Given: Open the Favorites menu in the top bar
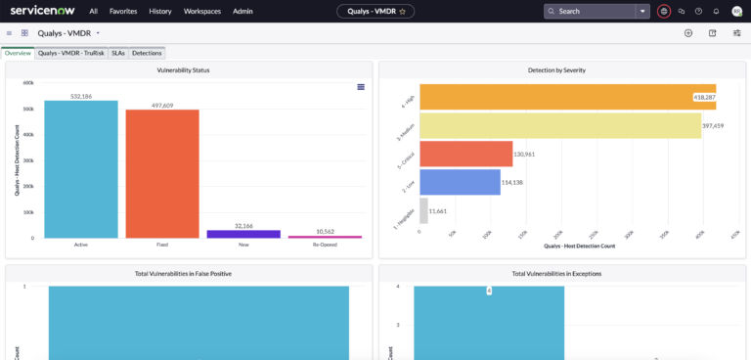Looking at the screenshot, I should (x=123, y=11).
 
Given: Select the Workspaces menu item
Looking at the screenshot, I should (x=202, y=11).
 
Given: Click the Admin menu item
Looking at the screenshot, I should (x=243, y=11).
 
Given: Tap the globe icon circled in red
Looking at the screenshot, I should (x=664, y=11).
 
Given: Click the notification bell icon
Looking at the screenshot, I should (x=716, y=11).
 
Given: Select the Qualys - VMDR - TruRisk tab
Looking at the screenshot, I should (x=71, y=53).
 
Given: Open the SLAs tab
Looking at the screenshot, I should (x=118, y=53).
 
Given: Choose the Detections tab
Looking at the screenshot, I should (x=147, y=53).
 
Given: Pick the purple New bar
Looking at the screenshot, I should (x=243, y=234).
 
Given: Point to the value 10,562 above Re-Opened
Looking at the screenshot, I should (x=325, y=231).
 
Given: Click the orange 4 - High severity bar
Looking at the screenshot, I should (x=567, y=97).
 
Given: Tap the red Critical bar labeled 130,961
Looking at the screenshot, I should (x=465, y=154).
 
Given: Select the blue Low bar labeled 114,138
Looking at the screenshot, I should (x=460, y=182).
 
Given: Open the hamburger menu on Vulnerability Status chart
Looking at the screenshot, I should (x=361, y=87).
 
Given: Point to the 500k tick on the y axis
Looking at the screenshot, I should (x=28, y=109).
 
